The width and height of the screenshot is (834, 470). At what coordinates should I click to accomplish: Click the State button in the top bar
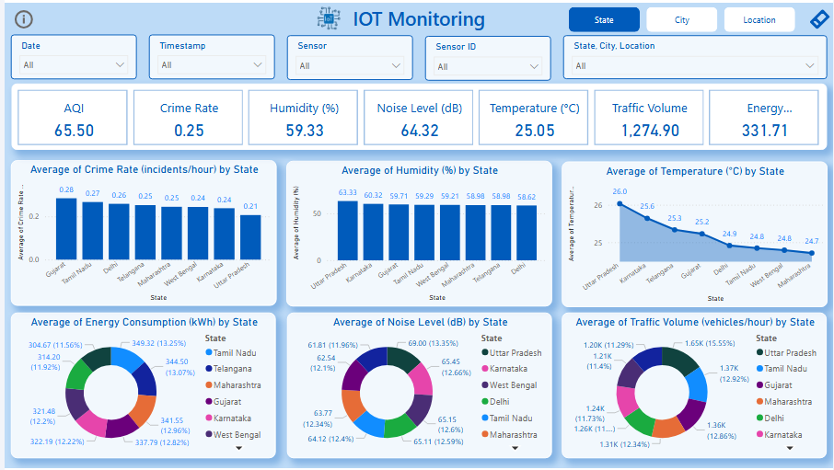[604, 19]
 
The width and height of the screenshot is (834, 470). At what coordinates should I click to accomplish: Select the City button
[681, 19]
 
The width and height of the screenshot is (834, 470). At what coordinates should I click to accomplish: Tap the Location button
[759, 19]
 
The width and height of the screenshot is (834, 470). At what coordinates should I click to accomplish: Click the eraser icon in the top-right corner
[818, 19]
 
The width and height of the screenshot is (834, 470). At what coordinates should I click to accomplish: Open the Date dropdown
[74, 65]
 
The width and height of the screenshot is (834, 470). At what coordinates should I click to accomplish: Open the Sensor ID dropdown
[488, 66]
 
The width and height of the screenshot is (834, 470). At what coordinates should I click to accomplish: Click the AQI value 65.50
[74, 131]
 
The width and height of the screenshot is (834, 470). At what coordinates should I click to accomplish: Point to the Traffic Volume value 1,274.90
[649, 131]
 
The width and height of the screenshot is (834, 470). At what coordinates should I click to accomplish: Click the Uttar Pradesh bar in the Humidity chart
[347, 229]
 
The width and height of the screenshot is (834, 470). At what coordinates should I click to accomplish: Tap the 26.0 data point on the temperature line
[620, 204]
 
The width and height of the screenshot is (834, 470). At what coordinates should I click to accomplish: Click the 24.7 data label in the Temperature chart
[811, 241]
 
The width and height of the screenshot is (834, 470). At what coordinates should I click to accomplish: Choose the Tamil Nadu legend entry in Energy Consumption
[235, 352]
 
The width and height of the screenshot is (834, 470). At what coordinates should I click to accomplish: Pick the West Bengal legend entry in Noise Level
[513, 384]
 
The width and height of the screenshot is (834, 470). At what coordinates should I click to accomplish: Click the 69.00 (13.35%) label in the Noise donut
[425, 342]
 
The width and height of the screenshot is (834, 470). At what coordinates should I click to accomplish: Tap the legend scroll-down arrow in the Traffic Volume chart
[790, 448]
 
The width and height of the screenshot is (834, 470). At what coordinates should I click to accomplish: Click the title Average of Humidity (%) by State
[420, 170]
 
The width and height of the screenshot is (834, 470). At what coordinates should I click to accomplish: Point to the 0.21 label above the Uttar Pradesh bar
[250, 207]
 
